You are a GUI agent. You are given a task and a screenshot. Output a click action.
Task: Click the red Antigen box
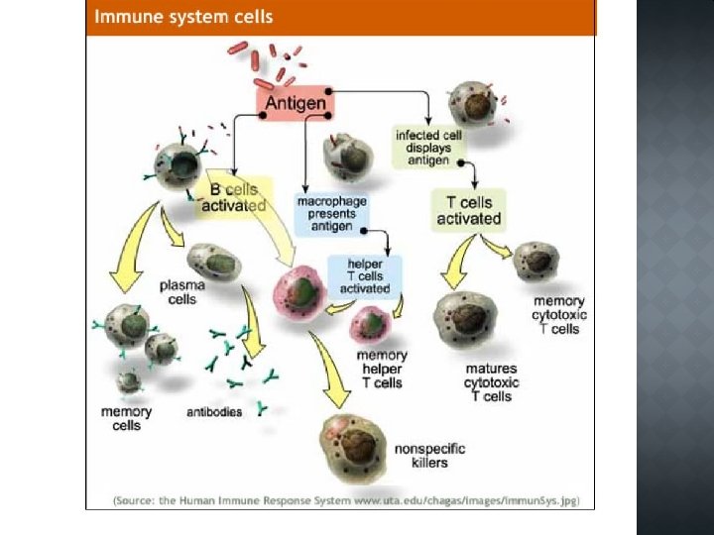coord(295,103)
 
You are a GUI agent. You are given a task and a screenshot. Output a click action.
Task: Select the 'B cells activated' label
coord(234,196)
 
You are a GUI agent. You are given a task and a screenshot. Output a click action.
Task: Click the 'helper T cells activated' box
coord(365,275)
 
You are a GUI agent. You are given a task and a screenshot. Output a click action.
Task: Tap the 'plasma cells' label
coord(182,292)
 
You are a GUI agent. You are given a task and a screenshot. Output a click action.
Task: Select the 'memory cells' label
coord(127,418)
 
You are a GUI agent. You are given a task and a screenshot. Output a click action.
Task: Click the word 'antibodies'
coord(214,411)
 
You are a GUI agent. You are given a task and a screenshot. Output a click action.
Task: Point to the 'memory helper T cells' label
coord(382,369)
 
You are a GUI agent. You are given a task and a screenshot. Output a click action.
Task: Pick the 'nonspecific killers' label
coord(429,456)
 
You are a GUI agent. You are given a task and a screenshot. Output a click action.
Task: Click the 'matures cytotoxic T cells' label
coord(492,382)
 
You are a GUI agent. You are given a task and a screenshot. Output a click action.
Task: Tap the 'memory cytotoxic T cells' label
coord(559,314)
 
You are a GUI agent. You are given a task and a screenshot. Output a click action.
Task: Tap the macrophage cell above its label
coord(347,159)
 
